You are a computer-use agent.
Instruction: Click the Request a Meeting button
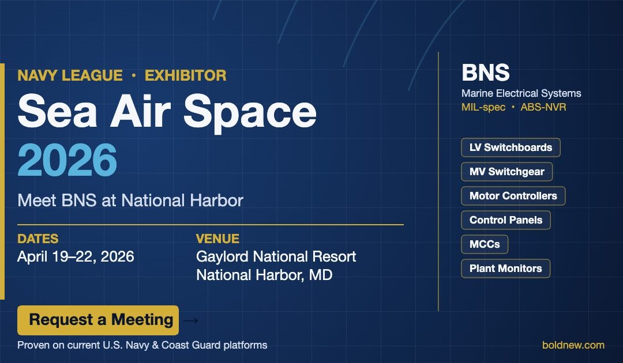click(x=98, y=320)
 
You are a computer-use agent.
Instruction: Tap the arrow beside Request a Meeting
click(x=193, y=320)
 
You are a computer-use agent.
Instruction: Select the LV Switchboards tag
click(x=511, y=148)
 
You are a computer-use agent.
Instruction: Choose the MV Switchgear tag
click(x=506, y=172)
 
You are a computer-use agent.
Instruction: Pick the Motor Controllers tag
click(x=513, y=196)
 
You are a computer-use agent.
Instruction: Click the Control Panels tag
click(x=505, y=220)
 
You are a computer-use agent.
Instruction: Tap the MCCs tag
click(x=485, y=244)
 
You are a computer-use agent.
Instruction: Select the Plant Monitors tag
click(x=505, y=269)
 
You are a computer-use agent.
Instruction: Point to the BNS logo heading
click(x=486, y=73)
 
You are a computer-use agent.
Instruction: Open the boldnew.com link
click(x=573, y=345)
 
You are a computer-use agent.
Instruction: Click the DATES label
click(x=37, y=239)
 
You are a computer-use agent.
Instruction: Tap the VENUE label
click(x=217, y=239)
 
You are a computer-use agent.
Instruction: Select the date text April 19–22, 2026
click(x=76, y=256)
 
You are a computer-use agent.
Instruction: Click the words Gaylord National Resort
click(x=276, y=256)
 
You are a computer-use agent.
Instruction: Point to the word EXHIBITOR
click(x=185, y=75)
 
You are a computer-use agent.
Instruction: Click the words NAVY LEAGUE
click(x=70, y=75)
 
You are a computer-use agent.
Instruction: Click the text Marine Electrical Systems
click(x=521, y=93)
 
